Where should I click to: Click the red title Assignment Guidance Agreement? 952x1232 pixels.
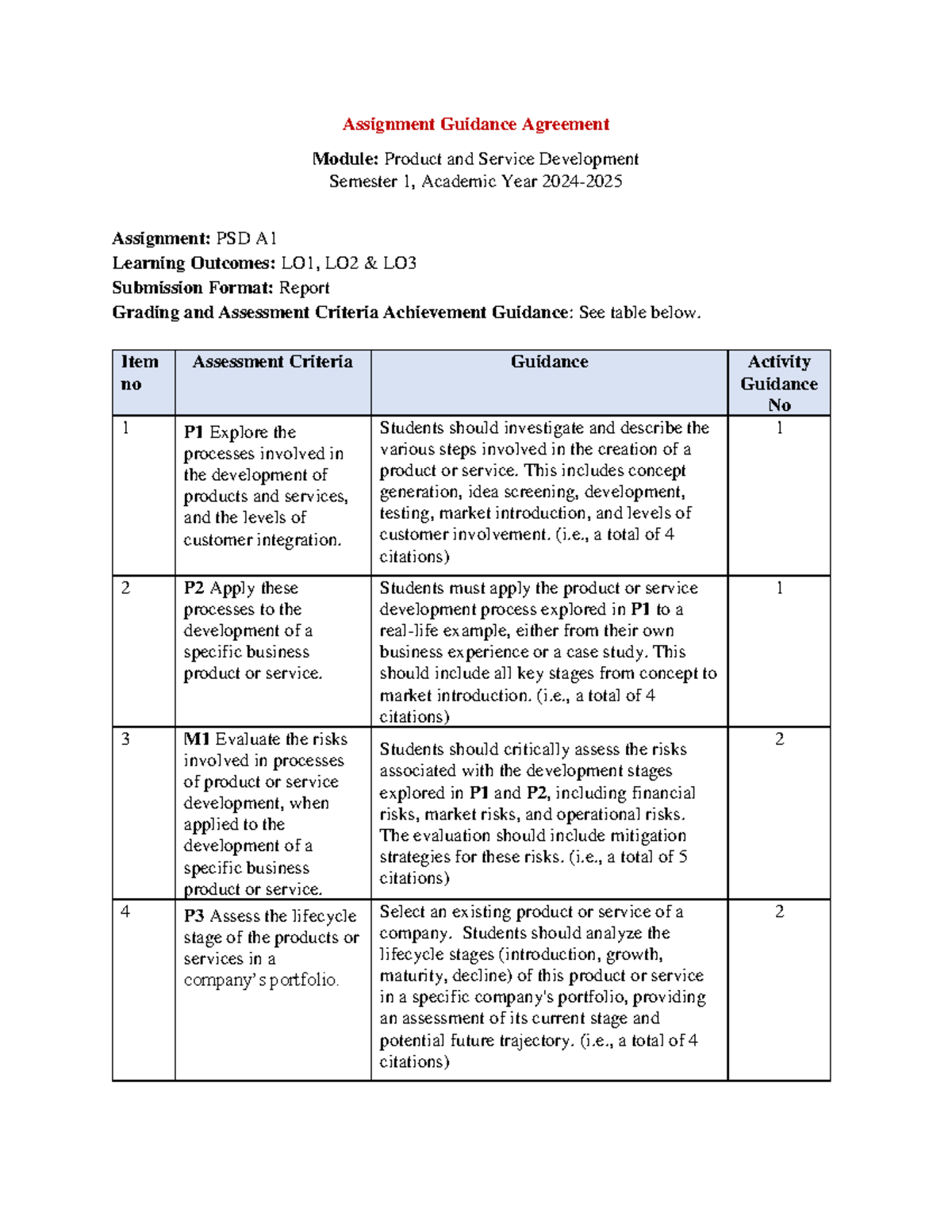[475, 125]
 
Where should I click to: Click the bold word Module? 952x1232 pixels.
[345, 159]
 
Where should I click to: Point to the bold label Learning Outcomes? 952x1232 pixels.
[194, 263]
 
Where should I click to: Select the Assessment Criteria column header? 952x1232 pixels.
[272, 363]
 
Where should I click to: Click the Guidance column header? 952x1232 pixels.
[549, 363]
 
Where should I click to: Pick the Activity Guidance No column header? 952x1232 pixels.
[778, 383]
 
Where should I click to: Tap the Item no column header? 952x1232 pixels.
[140, 373]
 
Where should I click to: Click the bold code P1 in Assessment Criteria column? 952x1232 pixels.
[194, 432]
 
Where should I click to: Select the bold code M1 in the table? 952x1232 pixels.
[196, 739]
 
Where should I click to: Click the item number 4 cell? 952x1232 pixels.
[125, 912]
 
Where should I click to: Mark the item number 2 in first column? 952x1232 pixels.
[125, 589]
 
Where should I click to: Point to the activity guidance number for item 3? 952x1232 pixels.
[779, 739]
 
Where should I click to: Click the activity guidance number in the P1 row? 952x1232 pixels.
[779, 428]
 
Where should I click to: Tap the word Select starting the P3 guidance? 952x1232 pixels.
[402, 912]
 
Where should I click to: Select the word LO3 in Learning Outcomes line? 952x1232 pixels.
[399, 263]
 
